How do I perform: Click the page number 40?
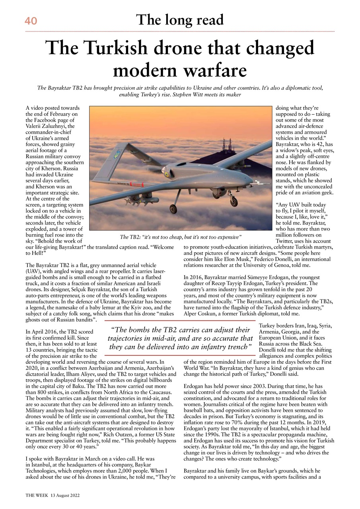click(x=31, y=20)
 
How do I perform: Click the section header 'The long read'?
click(x=180, y=19)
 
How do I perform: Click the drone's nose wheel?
click(x=234, y=201)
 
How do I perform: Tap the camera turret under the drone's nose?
click(x=217, y=192)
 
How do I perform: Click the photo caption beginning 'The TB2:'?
click(x=181, y=237)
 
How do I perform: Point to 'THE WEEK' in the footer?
click(x=37, y=495)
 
